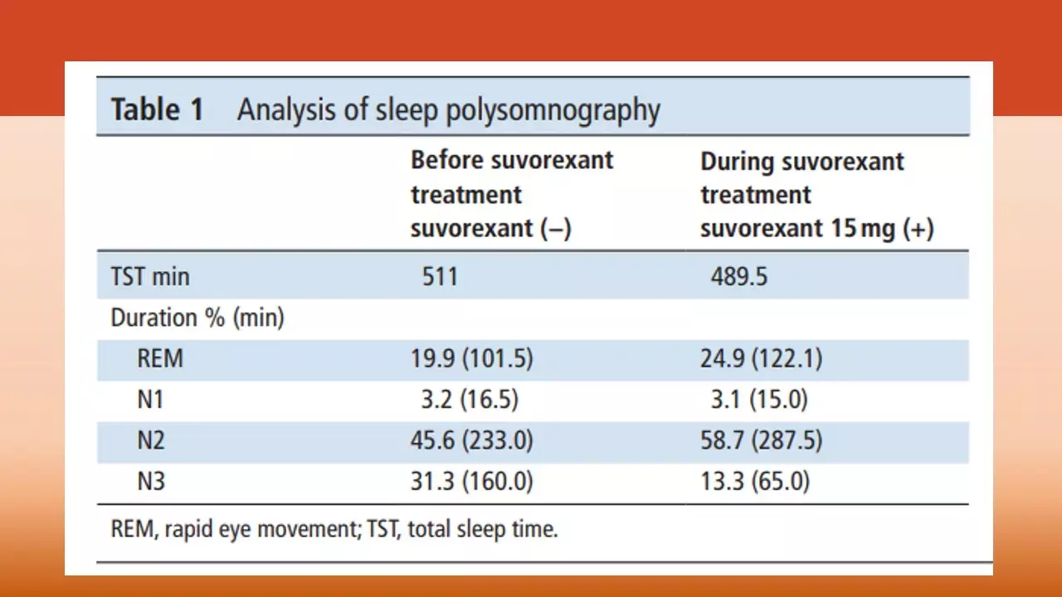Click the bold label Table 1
157,110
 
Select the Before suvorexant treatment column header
511,194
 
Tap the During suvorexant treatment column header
816,195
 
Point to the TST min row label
150,276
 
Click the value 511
440,276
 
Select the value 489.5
738,276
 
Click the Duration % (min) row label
197,318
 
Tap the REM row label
160,359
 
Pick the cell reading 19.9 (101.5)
471,359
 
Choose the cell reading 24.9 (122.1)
761,359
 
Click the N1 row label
150,400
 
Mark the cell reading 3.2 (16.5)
470,400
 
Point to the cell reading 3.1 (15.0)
759,400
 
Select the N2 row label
151,440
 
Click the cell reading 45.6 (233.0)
471,440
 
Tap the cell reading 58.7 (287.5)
761,440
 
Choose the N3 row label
151,481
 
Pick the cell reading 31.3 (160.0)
471,481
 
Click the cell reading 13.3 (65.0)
755,481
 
